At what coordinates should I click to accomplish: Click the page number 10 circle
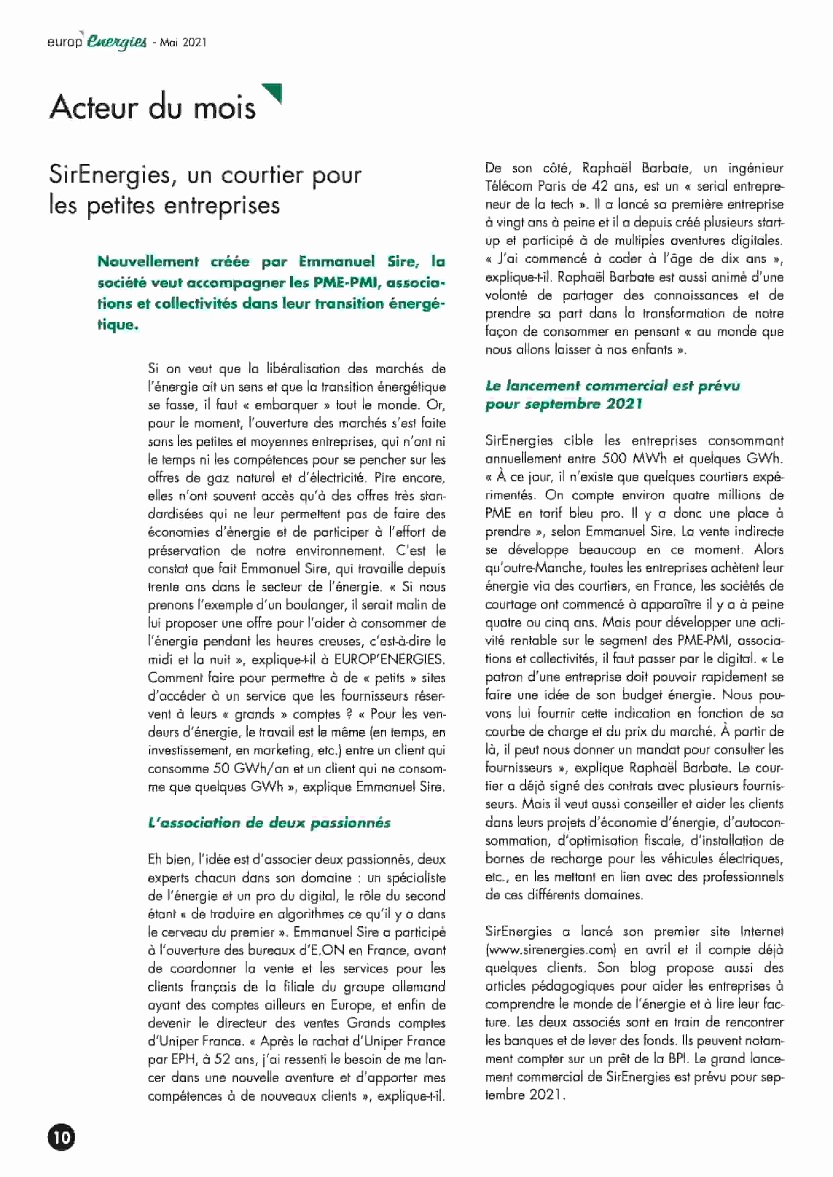coord(61,1137)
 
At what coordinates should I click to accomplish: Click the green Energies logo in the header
coord(117,42)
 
